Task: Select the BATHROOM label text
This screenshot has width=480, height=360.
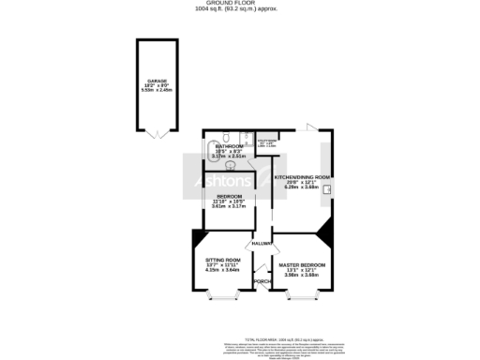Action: pyautogui.click(x=229, y=147)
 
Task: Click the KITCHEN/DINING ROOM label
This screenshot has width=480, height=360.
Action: pyautogui.click(x=302, y=177)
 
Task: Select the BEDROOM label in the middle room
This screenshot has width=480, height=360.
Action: pyautogui.click(x=230, y=196)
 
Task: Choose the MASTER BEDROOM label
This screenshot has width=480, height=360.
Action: pyautogui.click(x=302, y=265)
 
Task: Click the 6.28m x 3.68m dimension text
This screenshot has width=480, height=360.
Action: pyautogui.click(x=302, y=187)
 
